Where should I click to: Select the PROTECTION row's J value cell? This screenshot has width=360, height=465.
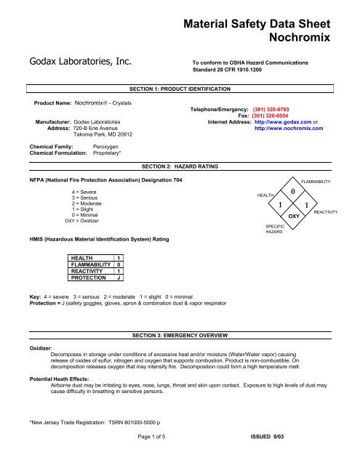119,278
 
